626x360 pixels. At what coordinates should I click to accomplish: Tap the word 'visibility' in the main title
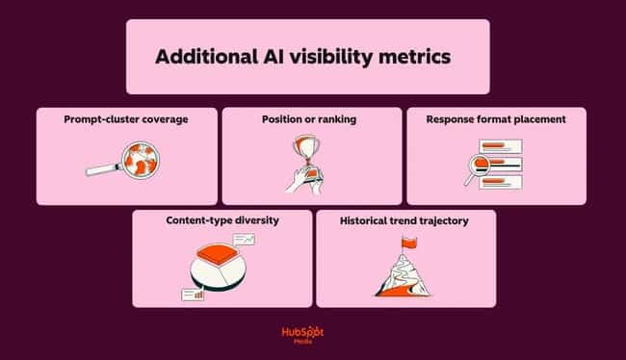pos(336,57)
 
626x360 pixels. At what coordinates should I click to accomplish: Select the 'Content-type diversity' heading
pos(222,220)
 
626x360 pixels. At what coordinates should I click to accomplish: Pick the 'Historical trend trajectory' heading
pos(404,220)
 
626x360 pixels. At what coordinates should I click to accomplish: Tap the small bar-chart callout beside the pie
pos(192,293)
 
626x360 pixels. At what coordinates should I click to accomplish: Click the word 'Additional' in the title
pos(201,57)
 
